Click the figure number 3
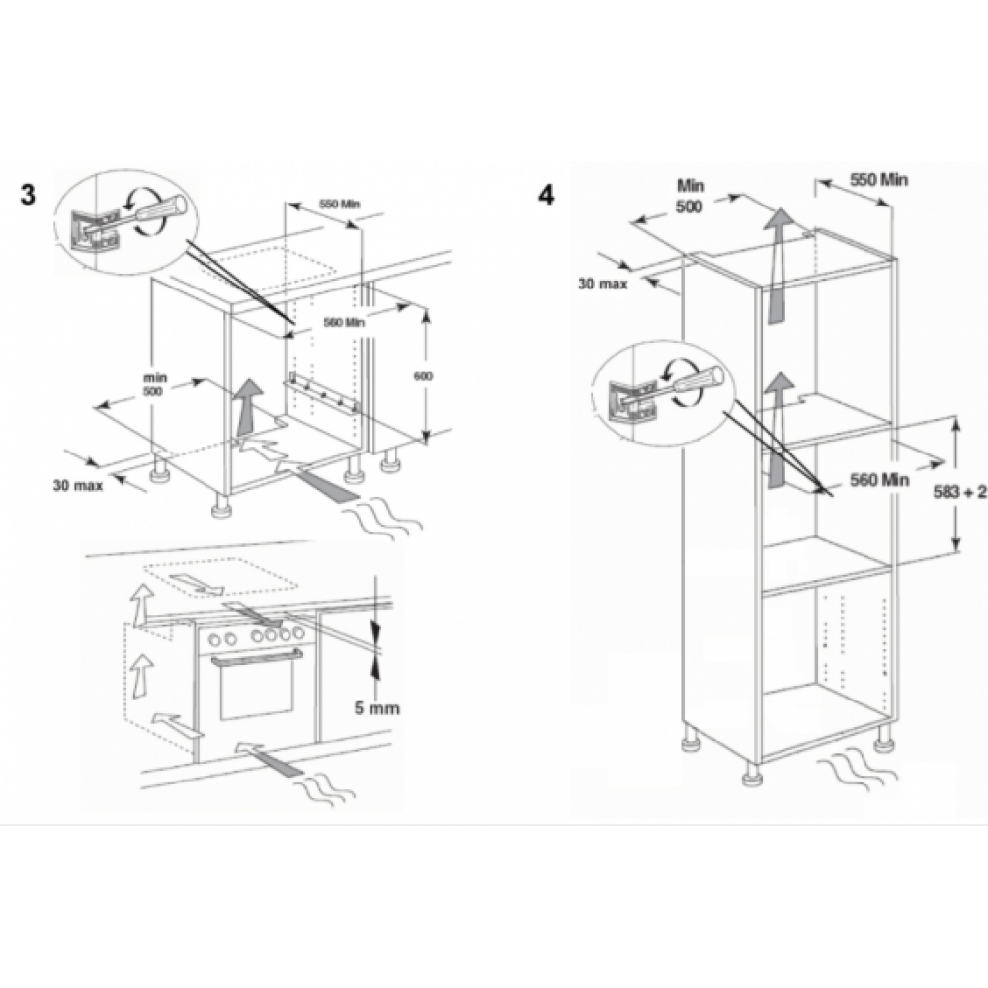pos(28,194)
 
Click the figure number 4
pos(546,195)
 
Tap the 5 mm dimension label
pos(376,708)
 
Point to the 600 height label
pos(423,376)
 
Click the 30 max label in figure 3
pos(77,486)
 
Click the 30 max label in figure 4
pos(603,285)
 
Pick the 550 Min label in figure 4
pos(879,180)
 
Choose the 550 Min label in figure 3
pos(339,204)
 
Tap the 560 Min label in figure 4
pos(879,480)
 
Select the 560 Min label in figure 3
pos(344,323)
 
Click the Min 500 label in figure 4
pos(690,196)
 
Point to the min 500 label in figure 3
pos(155,385)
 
